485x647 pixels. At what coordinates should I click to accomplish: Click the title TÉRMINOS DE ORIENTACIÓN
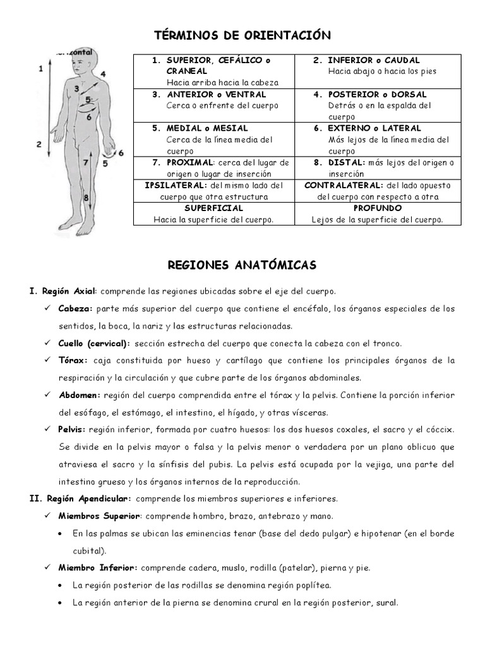[x=242, y=35]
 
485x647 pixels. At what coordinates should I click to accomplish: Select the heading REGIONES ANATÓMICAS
[x=242, y=265]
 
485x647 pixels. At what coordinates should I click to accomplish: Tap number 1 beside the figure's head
[x=40, y=66]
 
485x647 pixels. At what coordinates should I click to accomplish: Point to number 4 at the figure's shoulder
[x=102, y=74]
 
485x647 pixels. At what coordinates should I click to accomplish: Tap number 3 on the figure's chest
[x=76, y=89]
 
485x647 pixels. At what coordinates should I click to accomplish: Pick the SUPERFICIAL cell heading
[x=213, y=208]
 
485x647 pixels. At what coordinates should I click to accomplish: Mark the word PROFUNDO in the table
[x=377, y=208]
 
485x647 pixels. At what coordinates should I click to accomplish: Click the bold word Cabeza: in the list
[x=75, y=309]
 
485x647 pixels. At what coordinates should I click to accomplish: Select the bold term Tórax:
[x=73, y=361]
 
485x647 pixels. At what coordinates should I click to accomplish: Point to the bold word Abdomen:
[x=80, y=396]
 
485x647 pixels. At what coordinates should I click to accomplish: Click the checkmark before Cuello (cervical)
[x=49, y=344]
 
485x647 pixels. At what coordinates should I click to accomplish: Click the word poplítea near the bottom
[x=314, y=585]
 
